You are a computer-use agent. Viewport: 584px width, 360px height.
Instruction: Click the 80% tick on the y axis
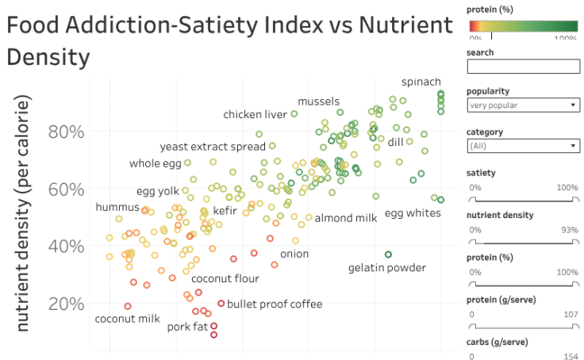(x=67, y=132)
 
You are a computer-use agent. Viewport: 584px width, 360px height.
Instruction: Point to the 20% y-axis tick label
(x=67, y=304)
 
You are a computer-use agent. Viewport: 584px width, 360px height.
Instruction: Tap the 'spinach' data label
(x=421, y=82)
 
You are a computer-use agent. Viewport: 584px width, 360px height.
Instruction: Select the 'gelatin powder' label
(x=387, y=268)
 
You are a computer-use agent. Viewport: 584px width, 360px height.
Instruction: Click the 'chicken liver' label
(x=255, y=114)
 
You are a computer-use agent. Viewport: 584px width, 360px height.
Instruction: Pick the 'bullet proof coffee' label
(x=275, y=304)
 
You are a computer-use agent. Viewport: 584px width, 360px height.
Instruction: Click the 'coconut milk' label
(x=128, y=319)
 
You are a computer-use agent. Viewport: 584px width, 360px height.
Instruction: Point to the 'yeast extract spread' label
(x=213, y=147)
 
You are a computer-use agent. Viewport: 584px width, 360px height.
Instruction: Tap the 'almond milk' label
(x=347, y=217)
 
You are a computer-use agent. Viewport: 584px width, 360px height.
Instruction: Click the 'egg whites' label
(x=413, y=213)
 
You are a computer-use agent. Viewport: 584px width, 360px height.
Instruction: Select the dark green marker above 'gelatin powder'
(x=388, y=255)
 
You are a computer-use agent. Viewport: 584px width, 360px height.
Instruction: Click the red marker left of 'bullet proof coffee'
(x=221, y=303)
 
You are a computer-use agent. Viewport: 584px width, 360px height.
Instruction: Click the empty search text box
(x=523, y=67)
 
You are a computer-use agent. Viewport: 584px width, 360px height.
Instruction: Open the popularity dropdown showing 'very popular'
(x=523, y=105)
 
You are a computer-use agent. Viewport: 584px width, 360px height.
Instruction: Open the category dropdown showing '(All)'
(x=523, y=146)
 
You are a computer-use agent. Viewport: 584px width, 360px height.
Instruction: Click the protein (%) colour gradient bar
(x=523, y=23)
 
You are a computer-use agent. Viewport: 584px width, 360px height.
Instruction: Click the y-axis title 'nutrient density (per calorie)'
(x=24, y=215)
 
